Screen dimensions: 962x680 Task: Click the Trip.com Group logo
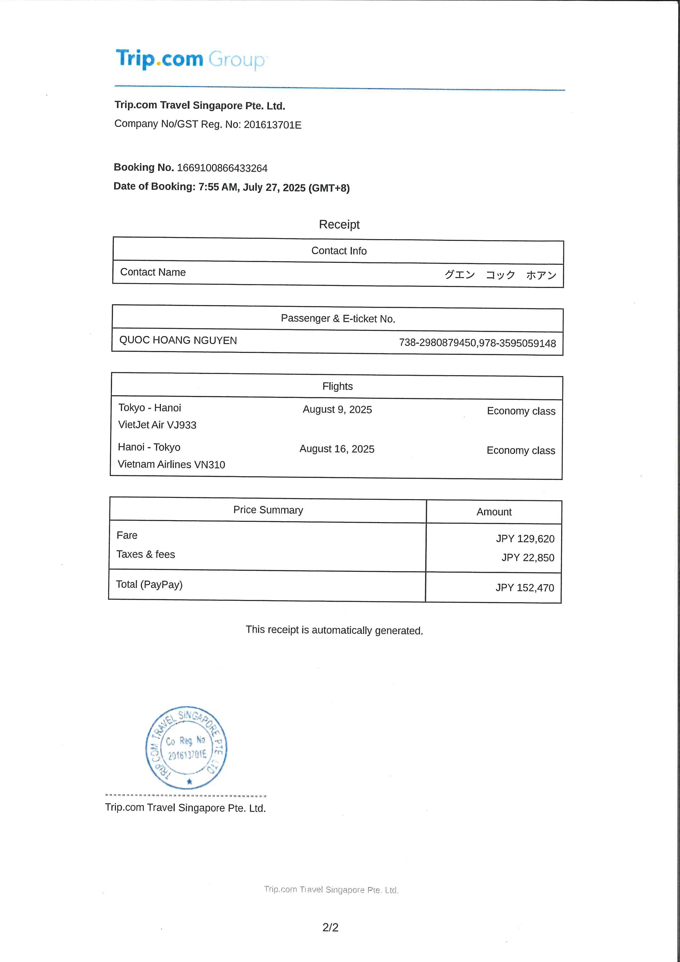[x=191, y=59]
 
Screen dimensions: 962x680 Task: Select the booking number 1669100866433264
[x=222, y=168]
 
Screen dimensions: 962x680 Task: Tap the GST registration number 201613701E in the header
[x=272, y=125]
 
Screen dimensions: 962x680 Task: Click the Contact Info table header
[x=339, y=251]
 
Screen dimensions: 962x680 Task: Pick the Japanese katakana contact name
[x=500, y=275]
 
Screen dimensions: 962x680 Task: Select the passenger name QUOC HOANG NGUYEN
[x=178, y=340]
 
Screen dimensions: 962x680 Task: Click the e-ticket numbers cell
[x=477, y=343]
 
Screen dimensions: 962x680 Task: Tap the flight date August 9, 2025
[x=337, y=409]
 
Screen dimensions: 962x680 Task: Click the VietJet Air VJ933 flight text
[x=157, y=425]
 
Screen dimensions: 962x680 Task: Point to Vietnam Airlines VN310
[x=171, y=464]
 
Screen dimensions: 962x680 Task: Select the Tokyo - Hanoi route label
[x=150, y=408]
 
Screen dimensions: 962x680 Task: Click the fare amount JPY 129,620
[x=525, y=539]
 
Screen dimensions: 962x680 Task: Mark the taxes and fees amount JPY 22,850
[x=528, y=558]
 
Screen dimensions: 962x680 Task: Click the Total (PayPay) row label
[x=149, y=584]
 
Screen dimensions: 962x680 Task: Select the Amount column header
[x=494, y=512]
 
